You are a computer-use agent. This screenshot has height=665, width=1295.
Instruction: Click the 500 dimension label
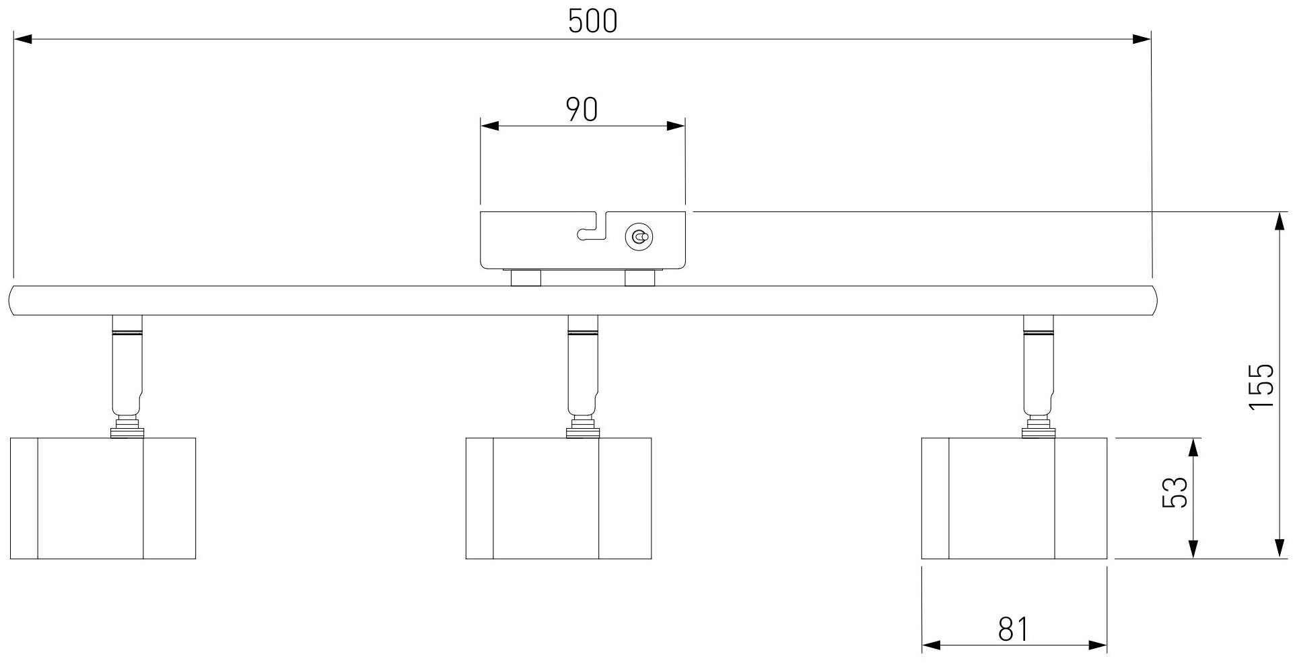[592, 22]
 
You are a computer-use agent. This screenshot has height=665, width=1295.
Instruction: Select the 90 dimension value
[582, 109]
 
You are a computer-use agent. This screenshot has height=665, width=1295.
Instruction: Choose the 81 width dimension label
[1013, 630]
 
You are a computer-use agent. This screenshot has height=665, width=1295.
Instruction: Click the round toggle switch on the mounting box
[639, 237]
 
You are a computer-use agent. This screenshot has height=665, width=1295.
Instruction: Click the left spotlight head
[103, 498]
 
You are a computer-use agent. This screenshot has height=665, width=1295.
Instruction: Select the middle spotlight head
[559, 498]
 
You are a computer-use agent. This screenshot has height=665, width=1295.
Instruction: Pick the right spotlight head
[1014, 498]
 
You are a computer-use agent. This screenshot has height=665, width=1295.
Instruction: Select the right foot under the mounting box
[639, 278]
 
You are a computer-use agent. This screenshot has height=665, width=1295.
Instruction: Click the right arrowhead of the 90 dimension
[676, 126]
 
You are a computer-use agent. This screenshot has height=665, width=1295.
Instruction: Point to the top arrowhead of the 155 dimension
[1278, 221]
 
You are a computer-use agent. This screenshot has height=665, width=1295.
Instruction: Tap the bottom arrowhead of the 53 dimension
[1193, 549]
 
